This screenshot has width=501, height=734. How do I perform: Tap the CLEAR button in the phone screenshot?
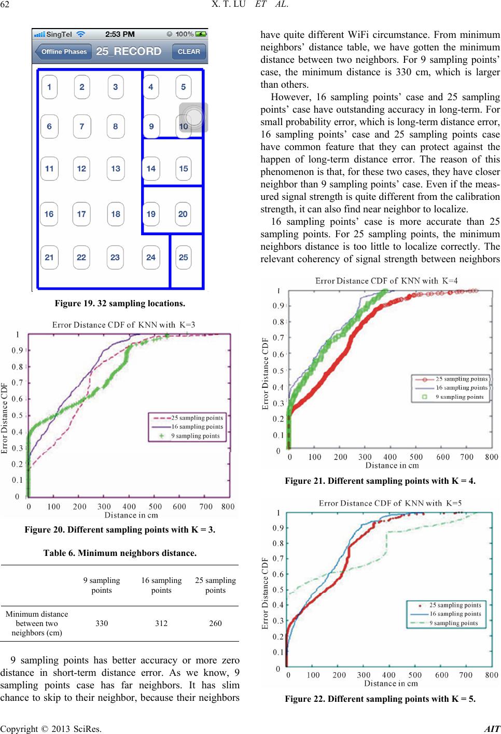click(x=189, y=52)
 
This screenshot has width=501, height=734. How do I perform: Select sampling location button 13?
click(x=116, y=169)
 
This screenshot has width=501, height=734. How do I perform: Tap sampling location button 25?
click(x=184, y=257)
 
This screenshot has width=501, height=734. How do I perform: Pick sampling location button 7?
click(x=82, y=127)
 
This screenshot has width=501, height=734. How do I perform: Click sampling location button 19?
click(x=151, y=214)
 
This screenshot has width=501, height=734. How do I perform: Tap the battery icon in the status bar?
click(x=201, y=34)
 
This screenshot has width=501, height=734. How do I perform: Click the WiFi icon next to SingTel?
click(x=80, y=34)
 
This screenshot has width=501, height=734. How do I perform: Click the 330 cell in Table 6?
click(x=102, y=623)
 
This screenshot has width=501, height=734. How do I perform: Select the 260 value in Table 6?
click(x=215, y=623)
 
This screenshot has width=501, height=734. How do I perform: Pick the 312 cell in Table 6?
click(x=161, y=623)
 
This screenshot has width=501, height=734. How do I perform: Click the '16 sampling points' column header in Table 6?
click(x=161, y=585)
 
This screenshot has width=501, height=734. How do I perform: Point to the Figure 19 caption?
click(x=120, y=304)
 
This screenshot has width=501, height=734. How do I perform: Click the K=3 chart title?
click(x=124, y=325)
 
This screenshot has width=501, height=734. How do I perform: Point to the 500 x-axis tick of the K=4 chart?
click(x=416, y=457)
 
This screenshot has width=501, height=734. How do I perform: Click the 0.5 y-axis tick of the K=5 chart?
click(x=279, y=590)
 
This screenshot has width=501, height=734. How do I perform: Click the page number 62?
click(x=5, y=4)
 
